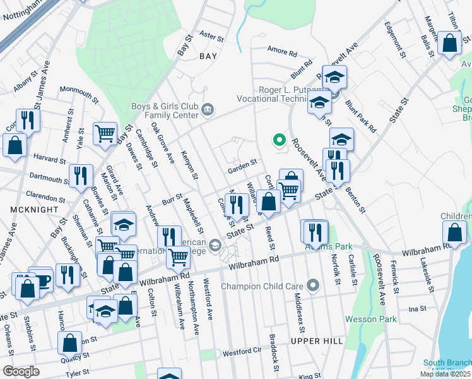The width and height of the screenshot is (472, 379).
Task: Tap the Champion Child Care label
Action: coord(263,287)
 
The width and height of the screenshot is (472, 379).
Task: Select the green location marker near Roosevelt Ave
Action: coord(278,140)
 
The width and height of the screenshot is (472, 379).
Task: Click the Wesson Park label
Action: coord(371,319)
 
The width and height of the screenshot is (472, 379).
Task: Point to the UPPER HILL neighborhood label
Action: coord(317,341)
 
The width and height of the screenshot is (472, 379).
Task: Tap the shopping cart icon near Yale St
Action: coord(104,133)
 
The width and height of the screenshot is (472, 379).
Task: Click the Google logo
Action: coord(21,371)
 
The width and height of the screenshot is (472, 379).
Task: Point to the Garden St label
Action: coord(243,163)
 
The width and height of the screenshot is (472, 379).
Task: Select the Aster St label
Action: coord(211,38)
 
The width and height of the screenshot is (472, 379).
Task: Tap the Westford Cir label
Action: coord(242,352)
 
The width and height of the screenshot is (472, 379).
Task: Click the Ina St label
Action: coord(418,309)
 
